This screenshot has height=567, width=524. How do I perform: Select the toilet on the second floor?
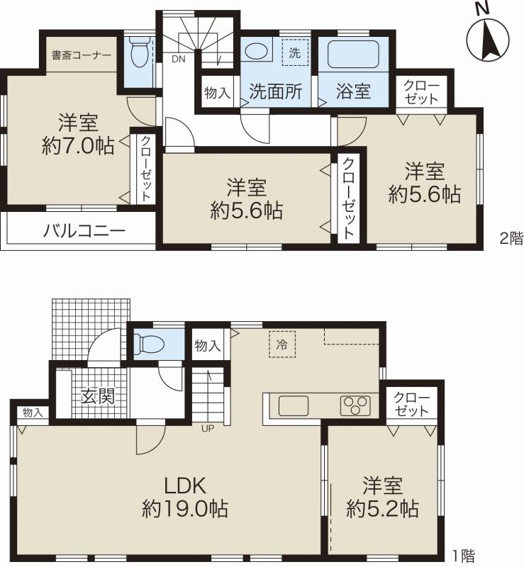pyautogui.click(x=140, y=52)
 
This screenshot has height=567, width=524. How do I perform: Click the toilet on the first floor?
pyautogui.click(x=150, y=344)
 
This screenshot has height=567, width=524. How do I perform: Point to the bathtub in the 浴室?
pyautogui.click(x=352, y=53)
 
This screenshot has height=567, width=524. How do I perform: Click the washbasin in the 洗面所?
pyautogui.click(x=256, y=51)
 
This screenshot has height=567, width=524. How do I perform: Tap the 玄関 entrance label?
pyautogui.click(x=97, y=395)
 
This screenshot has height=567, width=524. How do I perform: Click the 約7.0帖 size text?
pyautogui.click(x=78, y=145)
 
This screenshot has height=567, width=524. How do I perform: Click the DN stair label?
pyautogui.click(x=178, y=60)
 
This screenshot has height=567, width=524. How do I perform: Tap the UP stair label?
pyautogui.click(x=208, y=427)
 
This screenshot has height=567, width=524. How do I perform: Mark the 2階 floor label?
pyautogui.click(x=511, y=239)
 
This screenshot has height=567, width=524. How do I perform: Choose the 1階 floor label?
pyautogui.click(x=462, y=557)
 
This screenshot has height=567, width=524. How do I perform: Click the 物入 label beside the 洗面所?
pyautogui.click(x=216, y=92)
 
